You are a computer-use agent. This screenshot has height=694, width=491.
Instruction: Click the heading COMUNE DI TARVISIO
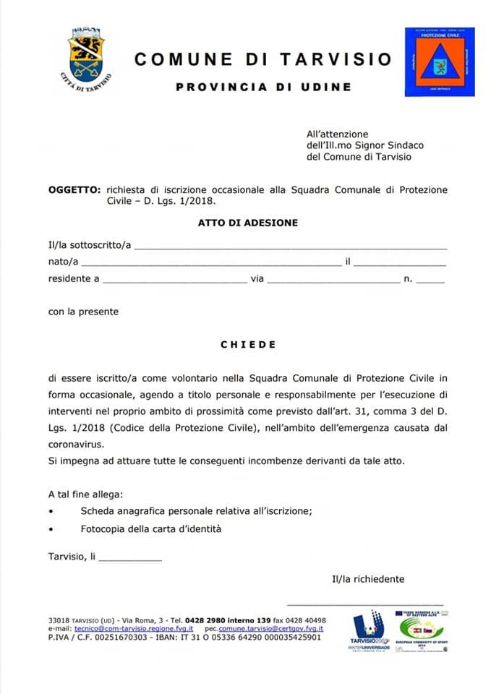(x=262, y=59)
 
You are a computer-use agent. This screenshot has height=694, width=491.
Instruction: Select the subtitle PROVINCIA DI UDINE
(x=263, y=87)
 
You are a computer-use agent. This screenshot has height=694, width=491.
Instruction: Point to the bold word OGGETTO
(x=74, y=189)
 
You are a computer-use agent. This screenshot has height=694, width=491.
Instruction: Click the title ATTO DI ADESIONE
(x=247, y=223)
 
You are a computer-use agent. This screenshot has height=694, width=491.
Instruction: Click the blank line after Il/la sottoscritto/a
(x=291, y=247)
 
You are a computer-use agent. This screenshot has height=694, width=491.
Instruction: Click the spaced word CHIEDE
(x=248, y=345)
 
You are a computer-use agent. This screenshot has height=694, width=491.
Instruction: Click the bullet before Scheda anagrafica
(x=51, y=512)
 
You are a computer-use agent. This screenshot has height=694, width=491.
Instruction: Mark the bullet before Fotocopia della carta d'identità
(x=51, y=529)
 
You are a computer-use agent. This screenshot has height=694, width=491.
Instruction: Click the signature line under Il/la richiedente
(x=365, y=602)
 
